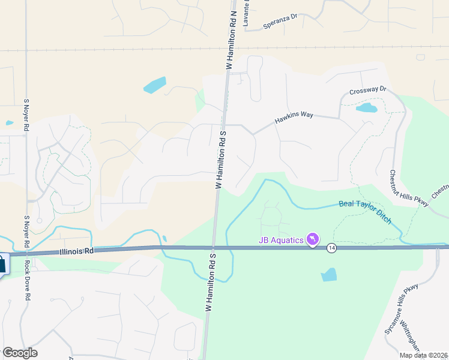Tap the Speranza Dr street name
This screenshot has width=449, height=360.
(x=280, y=23)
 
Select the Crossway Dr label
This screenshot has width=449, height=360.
(x=368, y=92)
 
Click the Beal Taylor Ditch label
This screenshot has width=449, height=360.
(x=366, y=212)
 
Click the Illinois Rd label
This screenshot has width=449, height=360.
(x=76, y=252)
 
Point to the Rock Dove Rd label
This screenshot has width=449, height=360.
(x=28, y=280)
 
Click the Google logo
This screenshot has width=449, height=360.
(x=20, y=353)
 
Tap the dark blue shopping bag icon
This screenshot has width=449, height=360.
(x=2, y=264)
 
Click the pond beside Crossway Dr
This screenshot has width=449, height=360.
(x=366, y=108)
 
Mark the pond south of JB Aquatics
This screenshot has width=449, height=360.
(x=329, y=275)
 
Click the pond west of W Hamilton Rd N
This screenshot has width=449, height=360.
(x=155, y=85)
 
